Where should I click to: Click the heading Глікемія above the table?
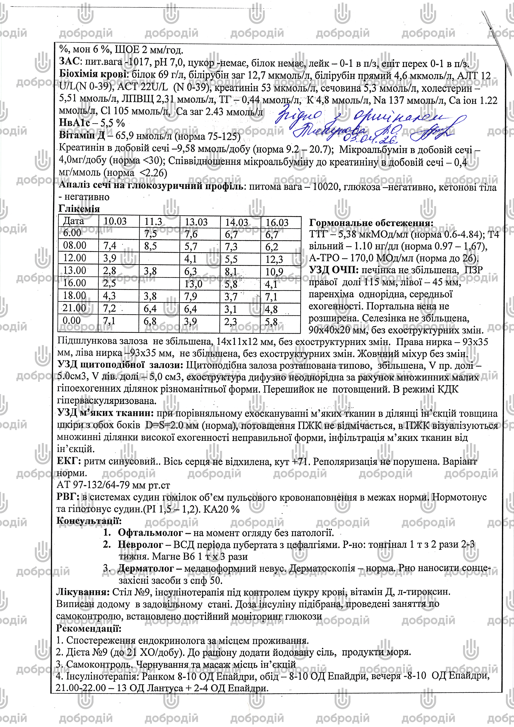click(79, 209)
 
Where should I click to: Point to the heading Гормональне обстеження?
click(371, 223)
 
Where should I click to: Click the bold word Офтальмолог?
click(150, 533)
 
